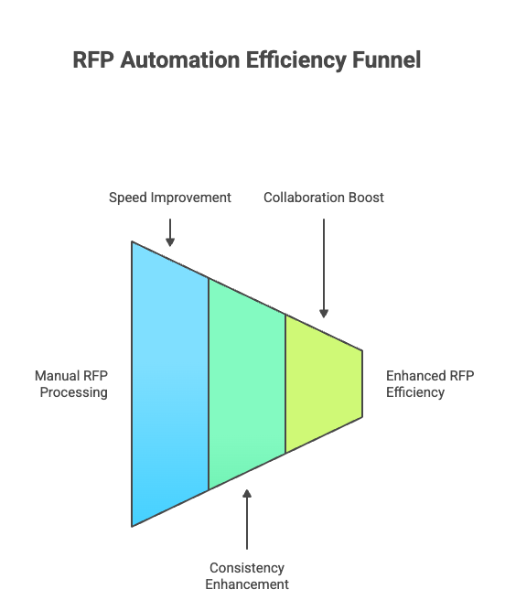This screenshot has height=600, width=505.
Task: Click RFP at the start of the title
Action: click(94, 60)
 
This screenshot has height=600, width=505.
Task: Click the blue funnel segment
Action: click(170, 384)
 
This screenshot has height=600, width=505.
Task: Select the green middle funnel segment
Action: click(247, 384)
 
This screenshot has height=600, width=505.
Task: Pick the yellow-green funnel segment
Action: click(323, 384)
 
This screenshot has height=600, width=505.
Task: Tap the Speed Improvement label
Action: click(170, 198)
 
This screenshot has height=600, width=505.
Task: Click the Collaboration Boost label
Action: click(324, 198)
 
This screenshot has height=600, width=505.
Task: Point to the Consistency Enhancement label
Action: click(247, 576)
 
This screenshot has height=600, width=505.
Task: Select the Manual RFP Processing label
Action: click(71, 384)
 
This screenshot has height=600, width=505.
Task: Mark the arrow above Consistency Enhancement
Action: click(247, 521)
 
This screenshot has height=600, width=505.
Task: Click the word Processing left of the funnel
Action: click(73, 392)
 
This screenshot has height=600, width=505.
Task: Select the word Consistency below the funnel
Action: click(247, 568)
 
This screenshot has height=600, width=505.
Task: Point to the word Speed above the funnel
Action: click(126, 198)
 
